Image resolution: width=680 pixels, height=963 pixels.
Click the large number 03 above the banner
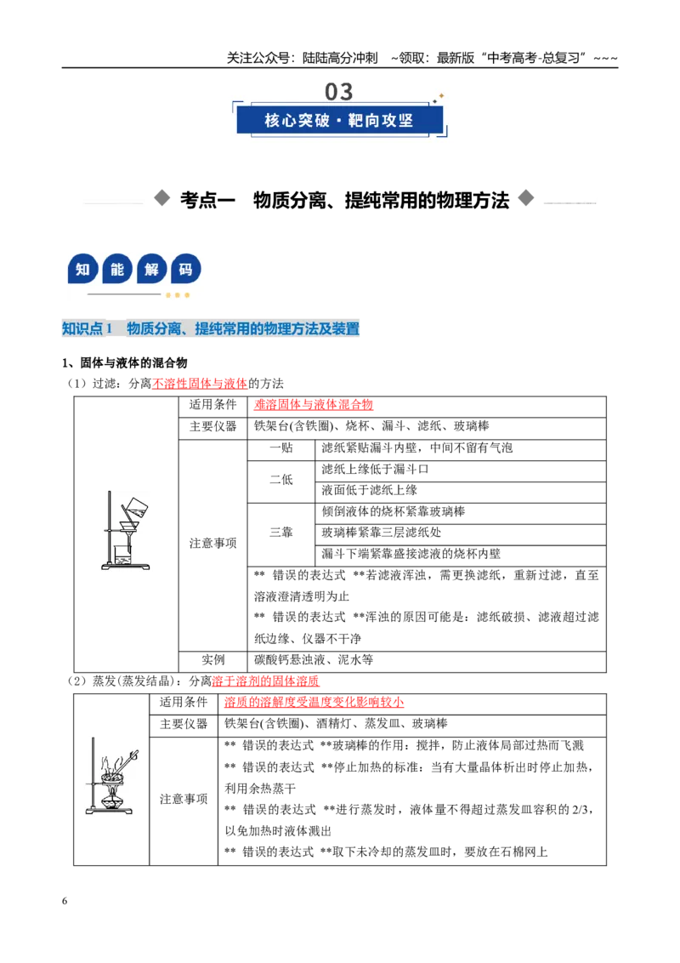point(339,92)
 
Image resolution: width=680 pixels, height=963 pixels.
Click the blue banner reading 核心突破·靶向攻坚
point(339,120)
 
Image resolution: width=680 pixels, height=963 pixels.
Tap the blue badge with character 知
point(82,269)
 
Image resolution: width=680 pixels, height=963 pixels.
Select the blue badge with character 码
point(185,269)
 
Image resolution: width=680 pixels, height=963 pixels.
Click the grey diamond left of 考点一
point(162,197)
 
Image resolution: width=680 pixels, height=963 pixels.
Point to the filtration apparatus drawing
point(126,531)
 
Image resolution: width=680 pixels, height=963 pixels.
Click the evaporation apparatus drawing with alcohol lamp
point(111,777)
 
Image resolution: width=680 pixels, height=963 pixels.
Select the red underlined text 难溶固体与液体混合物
point(313,405)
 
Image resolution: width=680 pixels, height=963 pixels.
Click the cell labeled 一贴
point(281,447)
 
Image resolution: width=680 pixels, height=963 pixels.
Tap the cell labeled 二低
point(281,480)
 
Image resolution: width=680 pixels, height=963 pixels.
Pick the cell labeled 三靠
point(281,533)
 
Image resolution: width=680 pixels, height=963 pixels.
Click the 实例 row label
point(213,660)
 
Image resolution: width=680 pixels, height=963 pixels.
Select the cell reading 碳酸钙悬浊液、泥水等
point(314,660)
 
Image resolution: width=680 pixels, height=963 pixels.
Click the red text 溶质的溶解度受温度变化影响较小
point(314,702)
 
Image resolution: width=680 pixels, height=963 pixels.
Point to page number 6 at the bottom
point(65,901)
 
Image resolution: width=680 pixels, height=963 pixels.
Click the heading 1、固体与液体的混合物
point(125,363)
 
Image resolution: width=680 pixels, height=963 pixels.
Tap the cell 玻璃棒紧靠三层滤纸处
point(381,533)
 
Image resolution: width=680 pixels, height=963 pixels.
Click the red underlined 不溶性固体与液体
point(200,384)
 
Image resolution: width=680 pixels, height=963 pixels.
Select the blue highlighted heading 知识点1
point(88,328)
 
